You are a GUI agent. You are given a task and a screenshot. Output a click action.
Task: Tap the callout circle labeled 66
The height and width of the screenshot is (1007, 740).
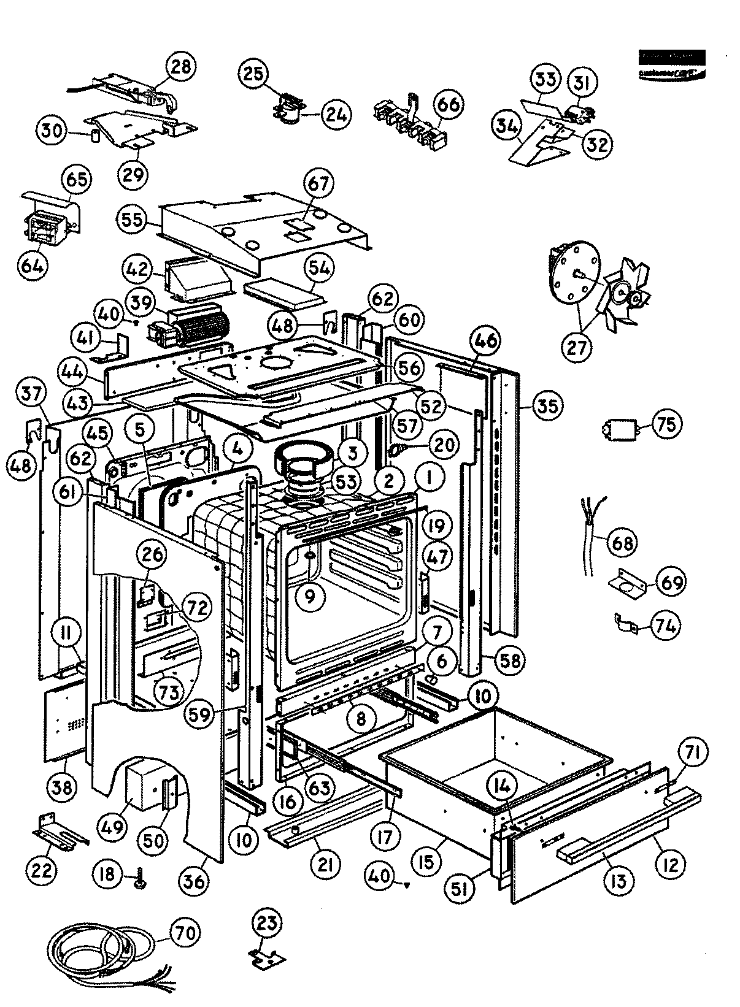448,104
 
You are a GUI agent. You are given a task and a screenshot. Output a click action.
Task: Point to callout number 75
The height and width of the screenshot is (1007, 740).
666,424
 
